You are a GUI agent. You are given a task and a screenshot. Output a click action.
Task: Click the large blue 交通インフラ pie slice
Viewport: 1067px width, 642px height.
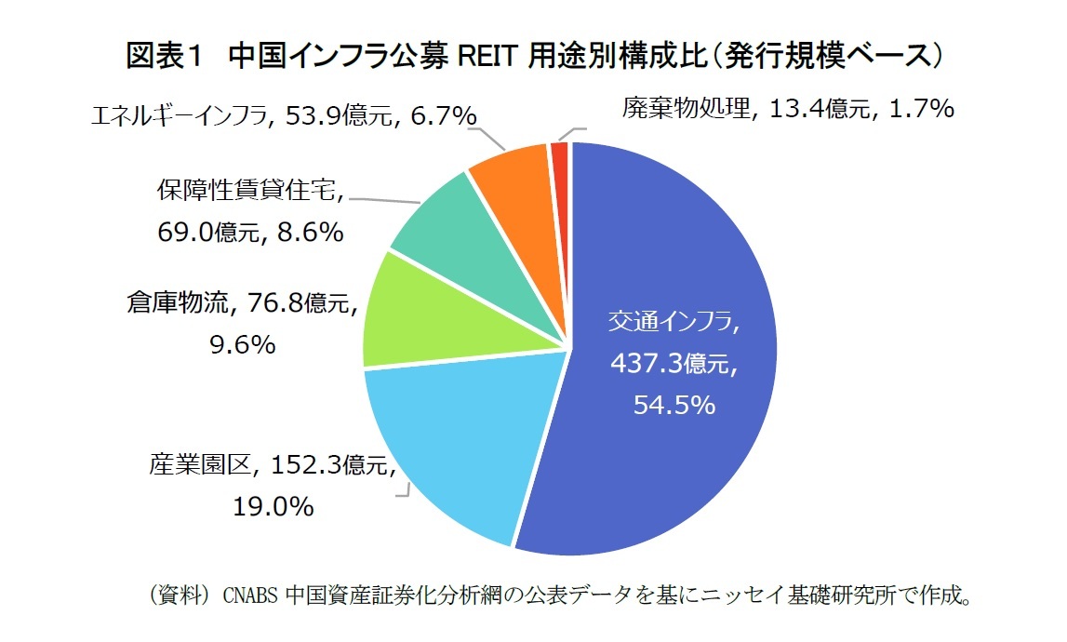[x=670, y=447]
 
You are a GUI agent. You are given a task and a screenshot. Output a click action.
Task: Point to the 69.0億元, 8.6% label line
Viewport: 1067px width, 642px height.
[x=250, y=231]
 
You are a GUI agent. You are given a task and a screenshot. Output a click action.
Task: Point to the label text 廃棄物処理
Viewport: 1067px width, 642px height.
[x=686, y=109]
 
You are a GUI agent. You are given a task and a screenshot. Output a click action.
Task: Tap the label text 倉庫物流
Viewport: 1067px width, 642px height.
[x=171, y=302]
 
